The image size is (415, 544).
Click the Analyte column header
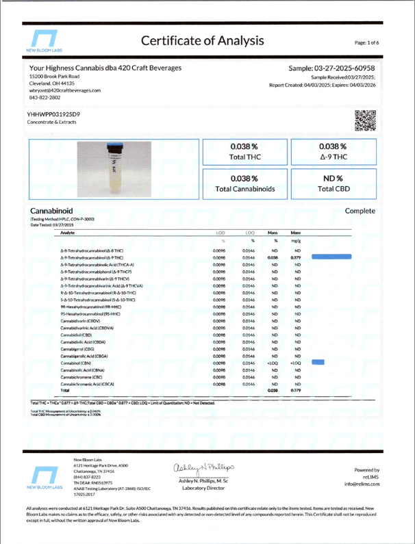pyautogui.click(x=68, y=233)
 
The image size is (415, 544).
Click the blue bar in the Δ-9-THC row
pyautogui.click(x=331, y=257)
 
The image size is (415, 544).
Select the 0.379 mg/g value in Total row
pyautogui.click(x=297, y=390)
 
